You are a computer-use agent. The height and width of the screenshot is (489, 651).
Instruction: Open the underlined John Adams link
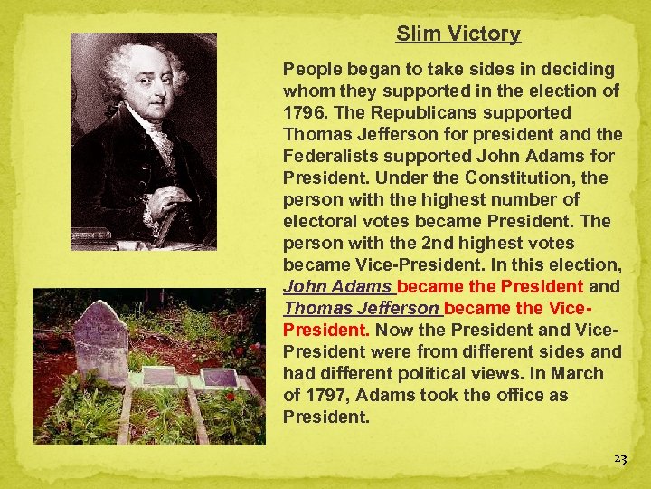338,286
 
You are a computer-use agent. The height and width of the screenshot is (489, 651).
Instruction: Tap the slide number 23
619,459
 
